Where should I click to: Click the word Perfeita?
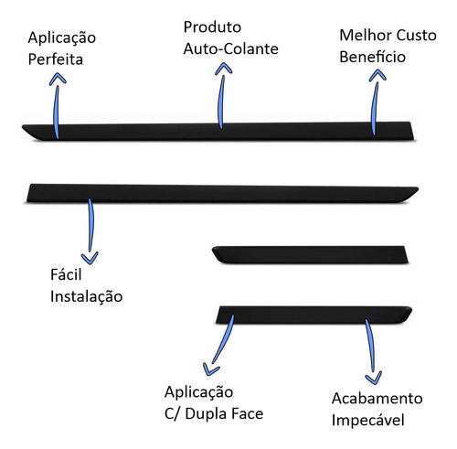tap(56, 59)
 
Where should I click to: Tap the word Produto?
tap(212, 27)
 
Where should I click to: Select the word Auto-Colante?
tap(231, 48)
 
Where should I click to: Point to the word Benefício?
tap(373, 57)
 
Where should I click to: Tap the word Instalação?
tap(87, 296)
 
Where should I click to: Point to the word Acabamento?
tap(377, 399)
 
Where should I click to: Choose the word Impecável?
tap(368, 420)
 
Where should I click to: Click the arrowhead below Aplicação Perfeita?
tap(58, 79)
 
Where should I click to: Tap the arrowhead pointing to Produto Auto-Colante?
tap(224, 69)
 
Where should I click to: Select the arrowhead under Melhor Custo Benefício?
tap(377, 75)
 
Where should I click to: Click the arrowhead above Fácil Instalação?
tap(90, 258)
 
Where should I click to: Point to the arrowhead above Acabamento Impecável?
tap(374, 378)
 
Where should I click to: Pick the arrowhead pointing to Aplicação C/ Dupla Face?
tap(210, 369)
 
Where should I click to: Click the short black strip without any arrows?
tap(310, 254)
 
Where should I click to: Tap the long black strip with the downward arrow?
tap(222, 194)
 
